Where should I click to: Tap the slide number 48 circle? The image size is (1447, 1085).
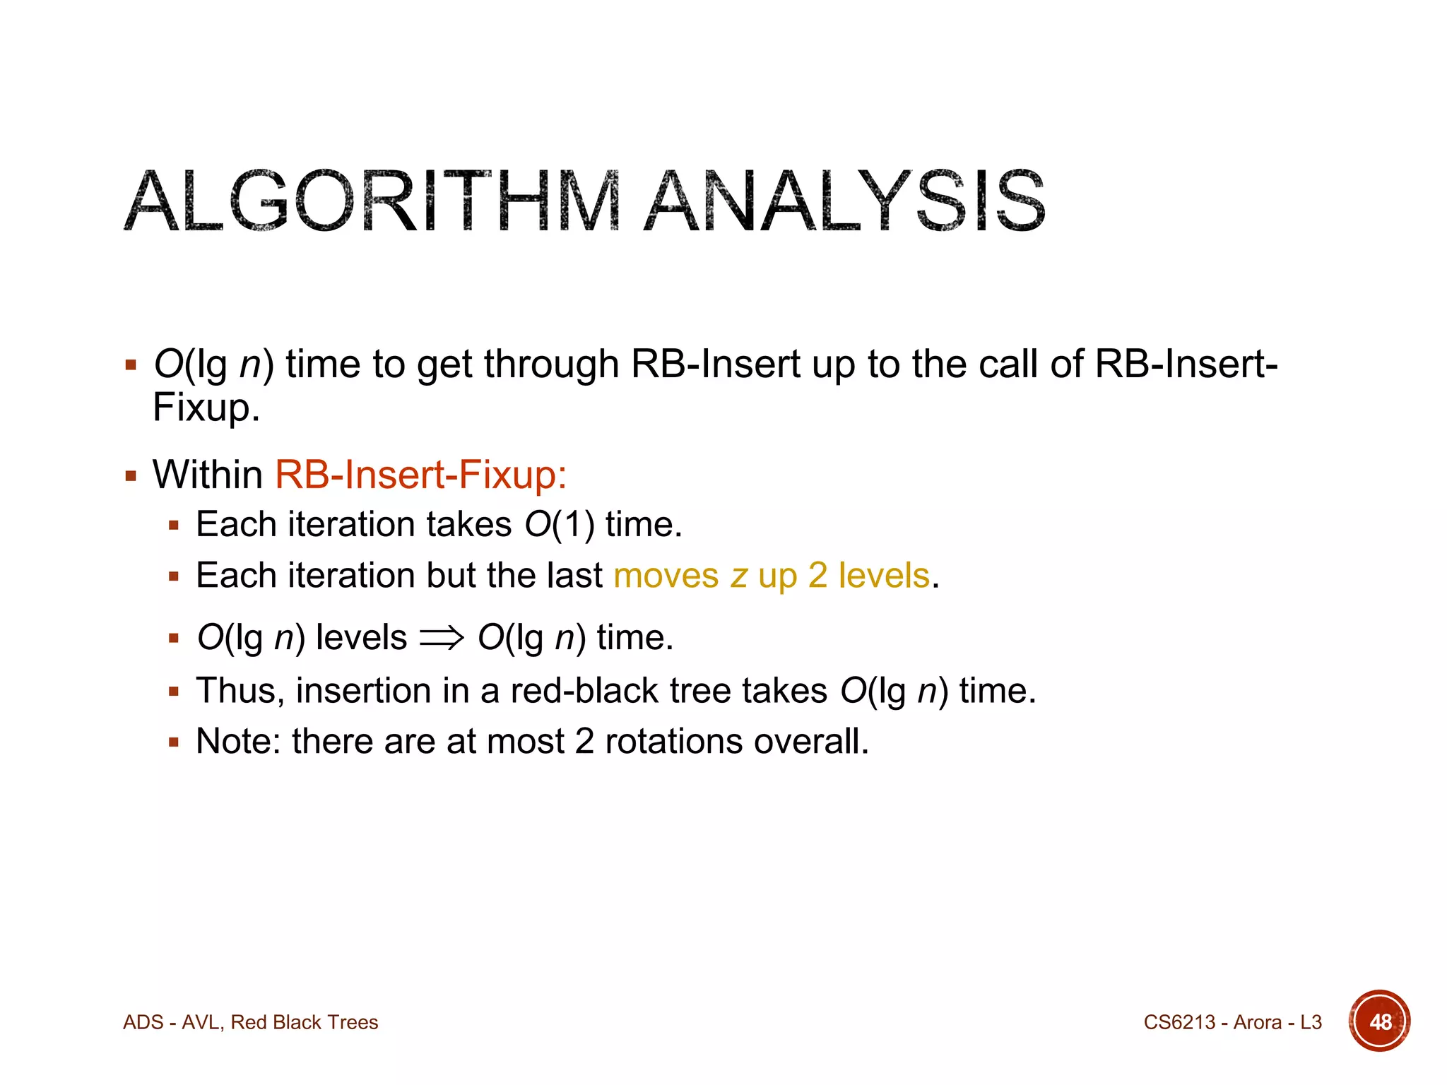[x=1379, y=1021]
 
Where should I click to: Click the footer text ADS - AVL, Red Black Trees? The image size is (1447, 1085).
[x=250, y=1022]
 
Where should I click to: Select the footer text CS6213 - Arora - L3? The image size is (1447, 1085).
[x=1232, y=1022]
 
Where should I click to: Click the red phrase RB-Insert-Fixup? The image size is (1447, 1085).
[x=420, y=474]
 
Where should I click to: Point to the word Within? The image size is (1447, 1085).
[x=208, y=474]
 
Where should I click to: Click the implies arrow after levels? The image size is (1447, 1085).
[x=442, y=638]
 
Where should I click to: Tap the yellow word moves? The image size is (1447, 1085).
[x=666, y=576]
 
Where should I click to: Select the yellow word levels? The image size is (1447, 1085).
[x=884, y=576]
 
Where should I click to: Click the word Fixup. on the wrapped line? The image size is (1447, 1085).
[x=206, y=408]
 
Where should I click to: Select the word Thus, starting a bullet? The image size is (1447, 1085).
[x=240, y=691]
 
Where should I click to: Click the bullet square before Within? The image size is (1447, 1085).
[x=131, y=475]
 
